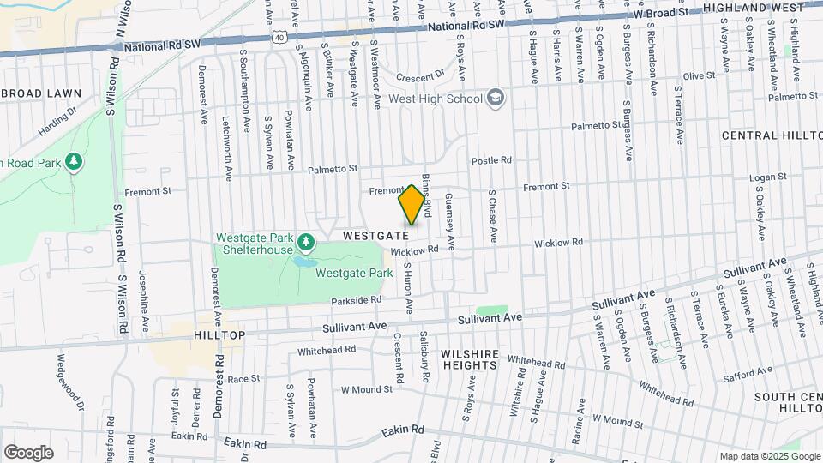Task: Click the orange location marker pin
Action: [411, 206]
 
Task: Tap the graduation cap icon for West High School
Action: [495, 99]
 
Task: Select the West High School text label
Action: [436, 99]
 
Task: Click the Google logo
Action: [28, 452]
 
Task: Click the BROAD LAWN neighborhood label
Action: [40, 93]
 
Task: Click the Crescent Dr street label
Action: [420, 74]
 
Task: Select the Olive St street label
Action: [698, 76]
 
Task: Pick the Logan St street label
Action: [743, 177]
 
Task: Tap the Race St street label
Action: [243, 378]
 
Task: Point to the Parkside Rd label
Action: [357, 300]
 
